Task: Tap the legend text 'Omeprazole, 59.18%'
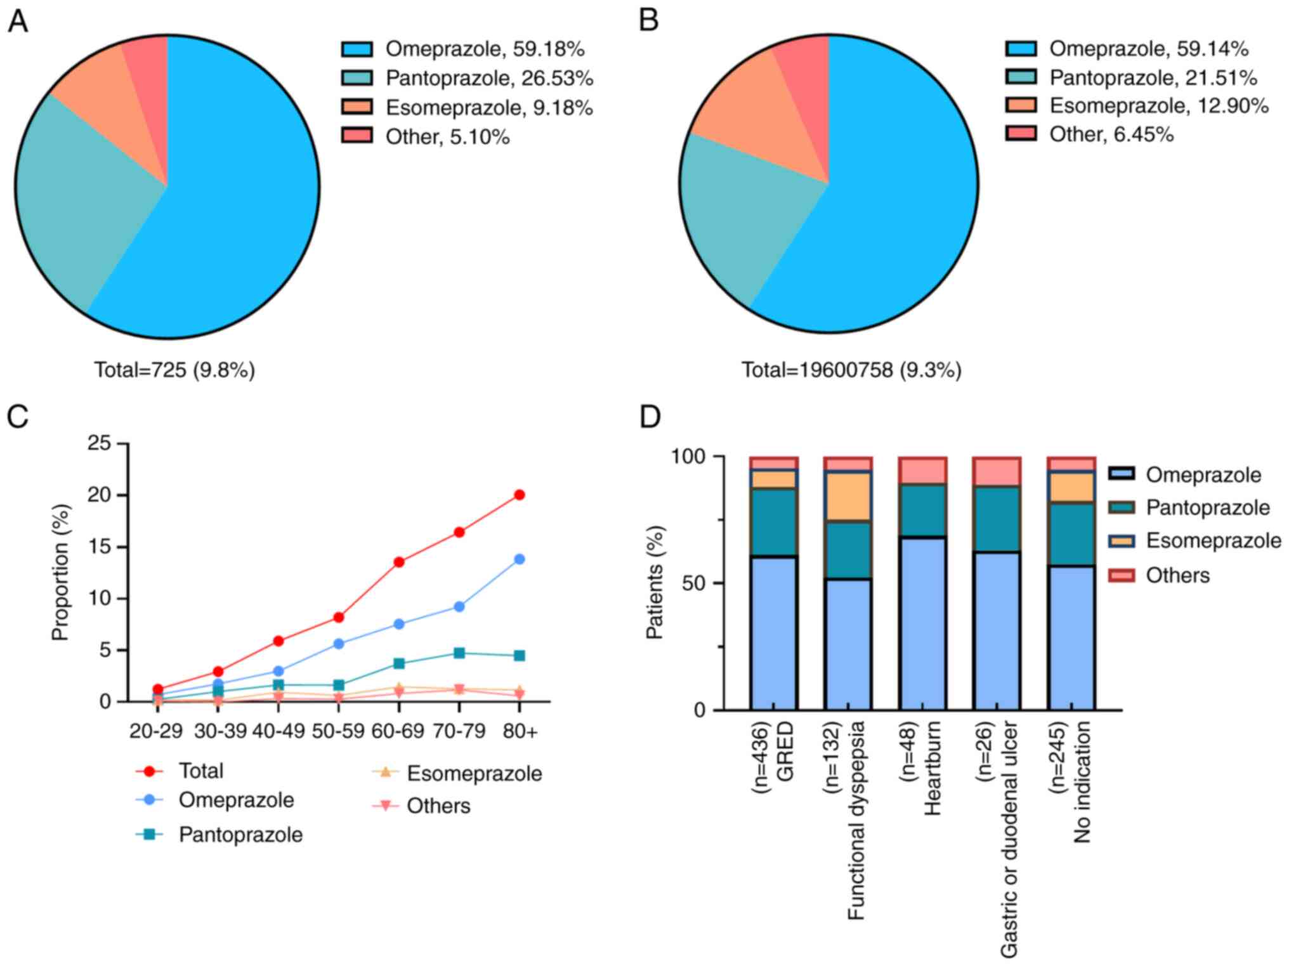[485, 49]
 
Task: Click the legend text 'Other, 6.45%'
[1111, 134]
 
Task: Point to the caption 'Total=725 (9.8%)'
[174, 370]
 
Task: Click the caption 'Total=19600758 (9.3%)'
[851, 370]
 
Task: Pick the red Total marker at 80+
[520, 495]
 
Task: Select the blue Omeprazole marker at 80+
[520, 559]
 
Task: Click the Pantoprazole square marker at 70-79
[459, 653]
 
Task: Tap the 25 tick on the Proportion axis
[99, 443]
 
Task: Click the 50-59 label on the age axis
[338, 731]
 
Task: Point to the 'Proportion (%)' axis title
[60, 572]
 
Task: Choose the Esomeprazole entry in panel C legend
[474, 773]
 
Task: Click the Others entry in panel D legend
[1177, 575]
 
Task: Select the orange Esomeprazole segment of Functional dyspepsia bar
[847, 497]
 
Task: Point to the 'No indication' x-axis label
[1082, 781]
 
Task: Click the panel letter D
[650, 417]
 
